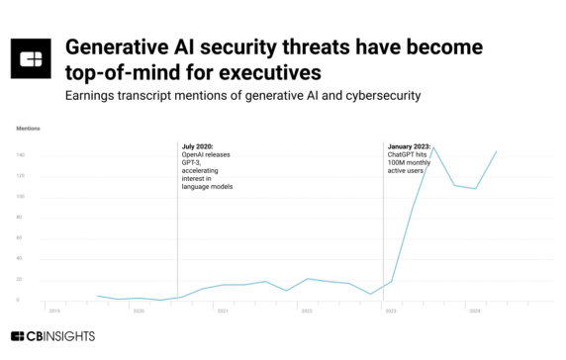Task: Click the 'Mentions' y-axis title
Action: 27,129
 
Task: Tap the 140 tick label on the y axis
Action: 20,155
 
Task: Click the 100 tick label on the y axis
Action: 20,197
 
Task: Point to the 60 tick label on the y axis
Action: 21,238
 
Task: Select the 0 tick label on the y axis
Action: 22,301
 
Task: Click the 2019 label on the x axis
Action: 54,311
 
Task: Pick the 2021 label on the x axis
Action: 223,311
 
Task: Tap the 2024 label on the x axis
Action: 474,311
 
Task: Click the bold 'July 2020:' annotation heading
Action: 199,146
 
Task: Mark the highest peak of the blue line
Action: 433,147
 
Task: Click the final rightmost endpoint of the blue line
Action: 496,151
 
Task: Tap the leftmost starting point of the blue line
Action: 96,296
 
